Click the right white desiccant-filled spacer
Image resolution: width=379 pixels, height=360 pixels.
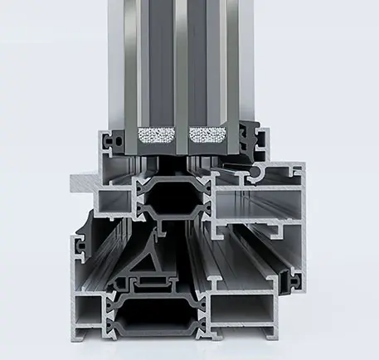pos(208,134)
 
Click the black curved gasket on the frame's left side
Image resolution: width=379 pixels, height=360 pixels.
pos(83,232)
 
